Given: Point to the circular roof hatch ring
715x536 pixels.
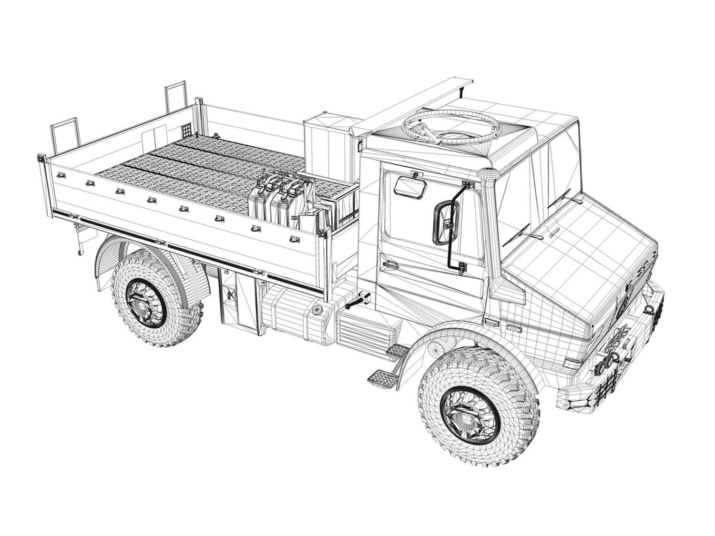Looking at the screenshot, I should [450, 125].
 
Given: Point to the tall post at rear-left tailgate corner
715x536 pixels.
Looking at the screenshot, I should [64, 135].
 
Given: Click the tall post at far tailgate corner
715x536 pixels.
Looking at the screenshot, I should [176, 98].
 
